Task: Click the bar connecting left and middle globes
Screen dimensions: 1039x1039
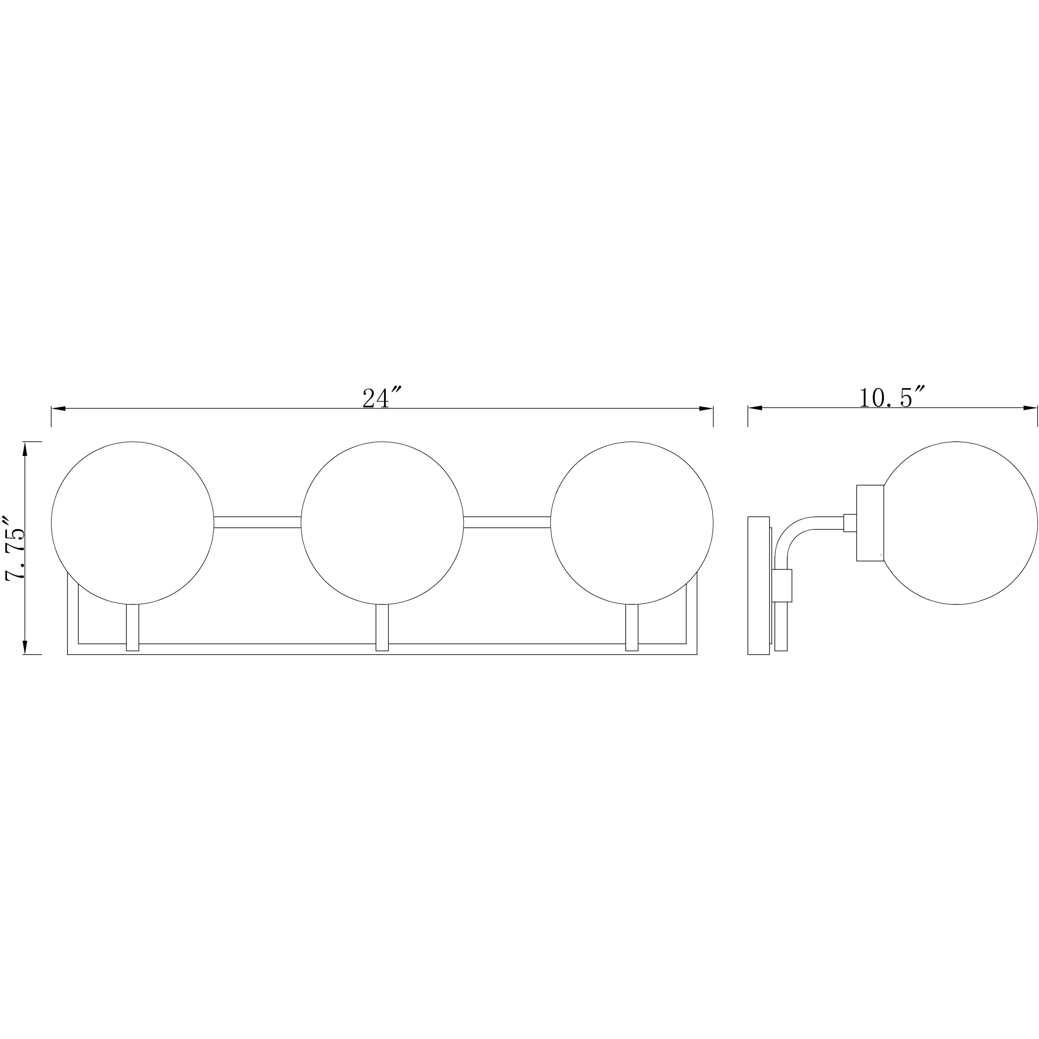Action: (257, 522)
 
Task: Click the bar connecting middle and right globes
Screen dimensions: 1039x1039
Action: (507, 522)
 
